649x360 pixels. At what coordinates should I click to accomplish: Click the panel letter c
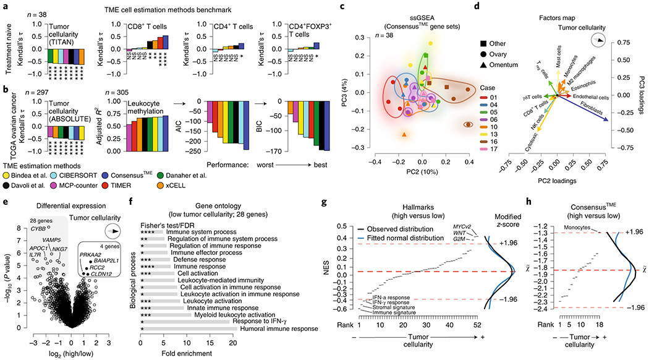[x=332, y=7]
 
